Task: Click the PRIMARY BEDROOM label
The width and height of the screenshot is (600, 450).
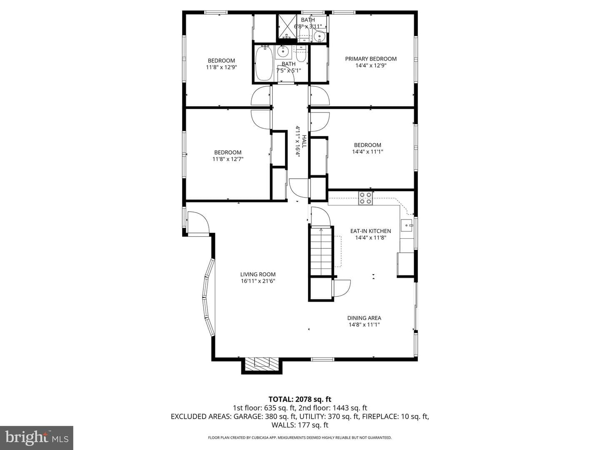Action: coord(371,59)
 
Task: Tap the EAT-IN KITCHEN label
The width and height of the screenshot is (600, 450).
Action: coord(370,231)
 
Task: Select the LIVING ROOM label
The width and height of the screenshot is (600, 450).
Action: coord(258,274)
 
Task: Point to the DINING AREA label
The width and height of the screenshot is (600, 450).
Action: coord(364,318)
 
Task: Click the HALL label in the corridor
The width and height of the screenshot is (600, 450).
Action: coord(304,141)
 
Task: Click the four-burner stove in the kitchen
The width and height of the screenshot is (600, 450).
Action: coord(365,198)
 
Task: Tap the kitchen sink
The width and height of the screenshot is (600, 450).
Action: coord(407,225)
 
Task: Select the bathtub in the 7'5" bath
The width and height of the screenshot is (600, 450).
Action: coord(264,63)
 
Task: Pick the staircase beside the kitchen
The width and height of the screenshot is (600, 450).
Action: coord(321,252)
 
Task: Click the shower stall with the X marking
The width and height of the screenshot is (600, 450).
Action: coord(287,27)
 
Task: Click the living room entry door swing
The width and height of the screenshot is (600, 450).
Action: coord(199,222)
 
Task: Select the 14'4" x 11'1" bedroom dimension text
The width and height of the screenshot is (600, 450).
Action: coord(367,152)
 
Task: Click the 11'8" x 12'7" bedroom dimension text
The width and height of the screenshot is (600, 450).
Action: coord(227,159)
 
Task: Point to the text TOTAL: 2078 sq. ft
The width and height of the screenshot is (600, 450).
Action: coord(300,399)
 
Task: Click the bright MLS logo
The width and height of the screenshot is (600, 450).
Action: coord(36,437)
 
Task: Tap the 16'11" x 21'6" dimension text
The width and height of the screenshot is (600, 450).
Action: coord(258,281)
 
